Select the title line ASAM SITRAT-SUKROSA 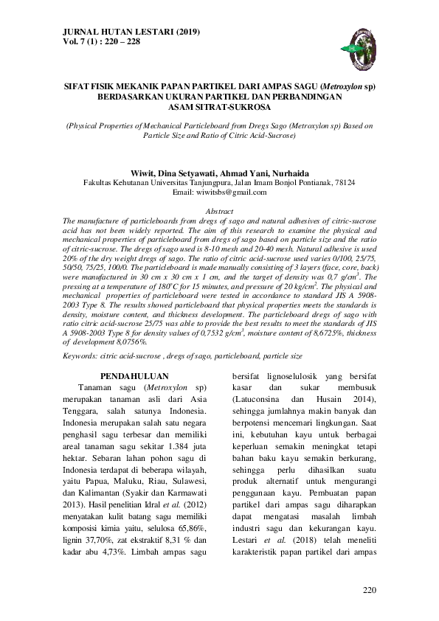click(x=219, y=105)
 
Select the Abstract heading click(x=219, y=211)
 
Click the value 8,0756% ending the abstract click(x=127, y=342)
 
